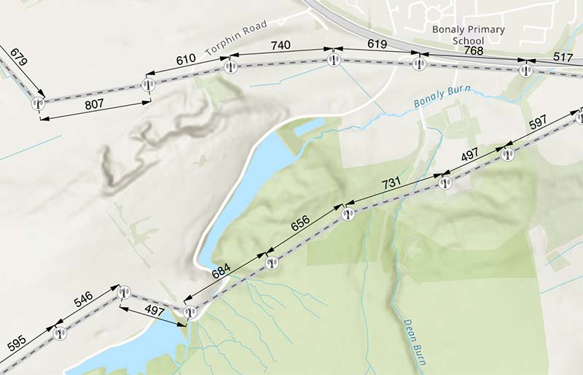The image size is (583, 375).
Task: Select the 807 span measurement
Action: click(94, 104)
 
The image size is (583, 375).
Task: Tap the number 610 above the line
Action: click(186, 58)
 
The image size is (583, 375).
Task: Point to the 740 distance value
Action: click(280, 46)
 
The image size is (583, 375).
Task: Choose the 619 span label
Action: click(376, 45)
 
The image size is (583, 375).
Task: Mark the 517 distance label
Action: click(563, 56)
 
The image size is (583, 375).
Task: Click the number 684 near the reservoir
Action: click(221, 271)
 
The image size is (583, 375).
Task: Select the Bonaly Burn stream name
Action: click(442, 97)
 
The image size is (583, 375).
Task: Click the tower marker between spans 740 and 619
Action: click(334, 61)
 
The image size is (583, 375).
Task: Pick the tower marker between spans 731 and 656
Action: click(348, 214)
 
